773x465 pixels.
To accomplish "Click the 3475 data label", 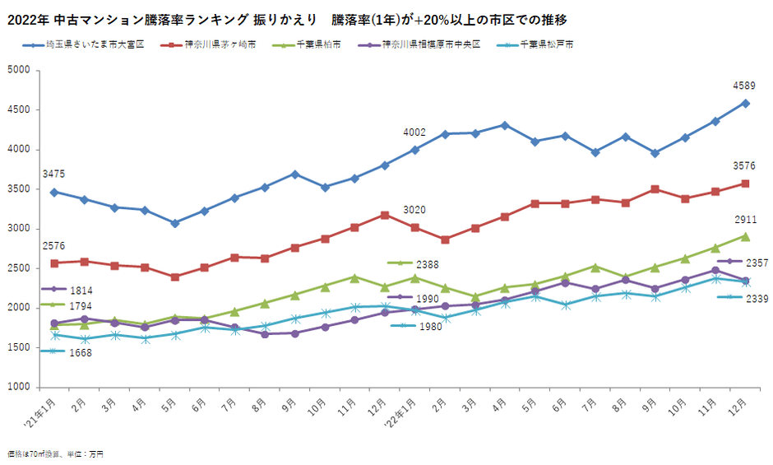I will pyautogui.click(x=53, y=174).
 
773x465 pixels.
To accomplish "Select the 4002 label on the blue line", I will pyautogui.click(x=414, y=133).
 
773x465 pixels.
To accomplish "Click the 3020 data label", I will pyautogui.click(x=414, y=210).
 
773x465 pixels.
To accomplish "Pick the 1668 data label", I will pyautogui.click(x=81, y=353).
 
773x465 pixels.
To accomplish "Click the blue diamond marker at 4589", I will pyautogui.click(x=745, y=103).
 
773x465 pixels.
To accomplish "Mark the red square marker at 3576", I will pyautogui.click(x=745, y=184).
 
